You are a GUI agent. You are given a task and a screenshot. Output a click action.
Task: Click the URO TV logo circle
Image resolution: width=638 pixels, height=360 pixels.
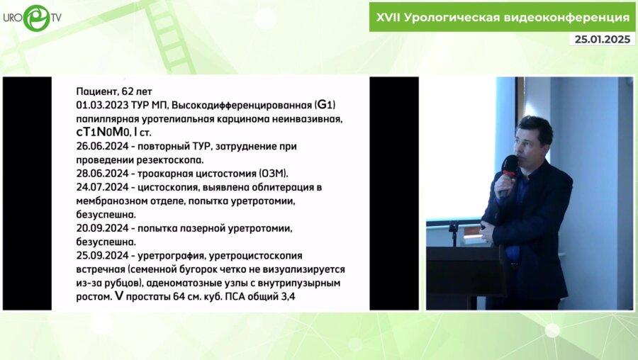click(36, 18)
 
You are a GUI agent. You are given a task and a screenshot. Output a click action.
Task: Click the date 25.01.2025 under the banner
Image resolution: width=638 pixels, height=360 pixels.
click(601, 39)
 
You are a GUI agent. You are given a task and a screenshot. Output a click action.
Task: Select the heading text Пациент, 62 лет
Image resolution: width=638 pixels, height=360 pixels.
click(119, 92)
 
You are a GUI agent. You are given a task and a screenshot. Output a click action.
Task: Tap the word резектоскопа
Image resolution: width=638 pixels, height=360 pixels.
click(172, 159)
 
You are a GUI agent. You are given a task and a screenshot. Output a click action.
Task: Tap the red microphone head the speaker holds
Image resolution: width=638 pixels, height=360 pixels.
click(509, 164)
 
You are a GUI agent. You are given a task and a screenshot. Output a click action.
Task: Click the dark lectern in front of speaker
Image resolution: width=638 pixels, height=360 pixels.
click(464, 273)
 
